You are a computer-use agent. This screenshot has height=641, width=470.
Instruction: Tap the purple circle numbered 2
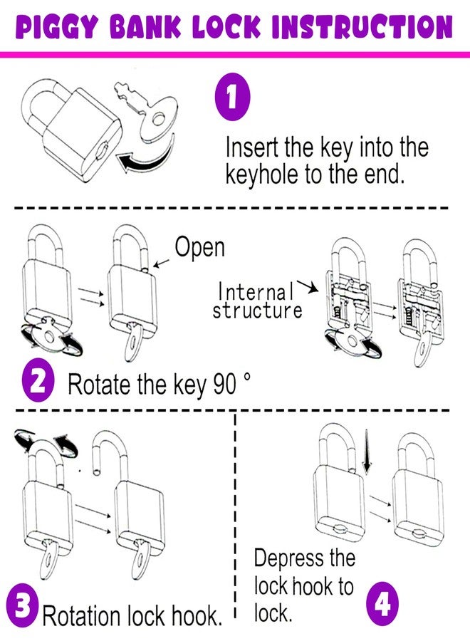click(x=38, y=383)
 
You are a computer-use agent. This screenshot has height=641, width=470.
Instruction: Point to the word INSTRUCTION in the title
click(x=362, y=27)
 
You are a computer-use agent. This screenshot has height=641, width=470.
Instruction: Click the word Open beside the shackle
click(x=200, y=247)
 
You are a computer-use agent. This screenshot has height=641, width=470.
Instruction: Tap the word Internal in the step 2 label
click(x=256, y=291)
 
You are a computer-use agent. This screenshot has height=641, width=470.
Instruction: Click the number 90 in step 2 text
click(x=224, y=384)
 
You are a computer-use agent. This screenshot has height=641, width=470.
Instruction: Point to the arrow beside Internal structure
click(x=308, y=287)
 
